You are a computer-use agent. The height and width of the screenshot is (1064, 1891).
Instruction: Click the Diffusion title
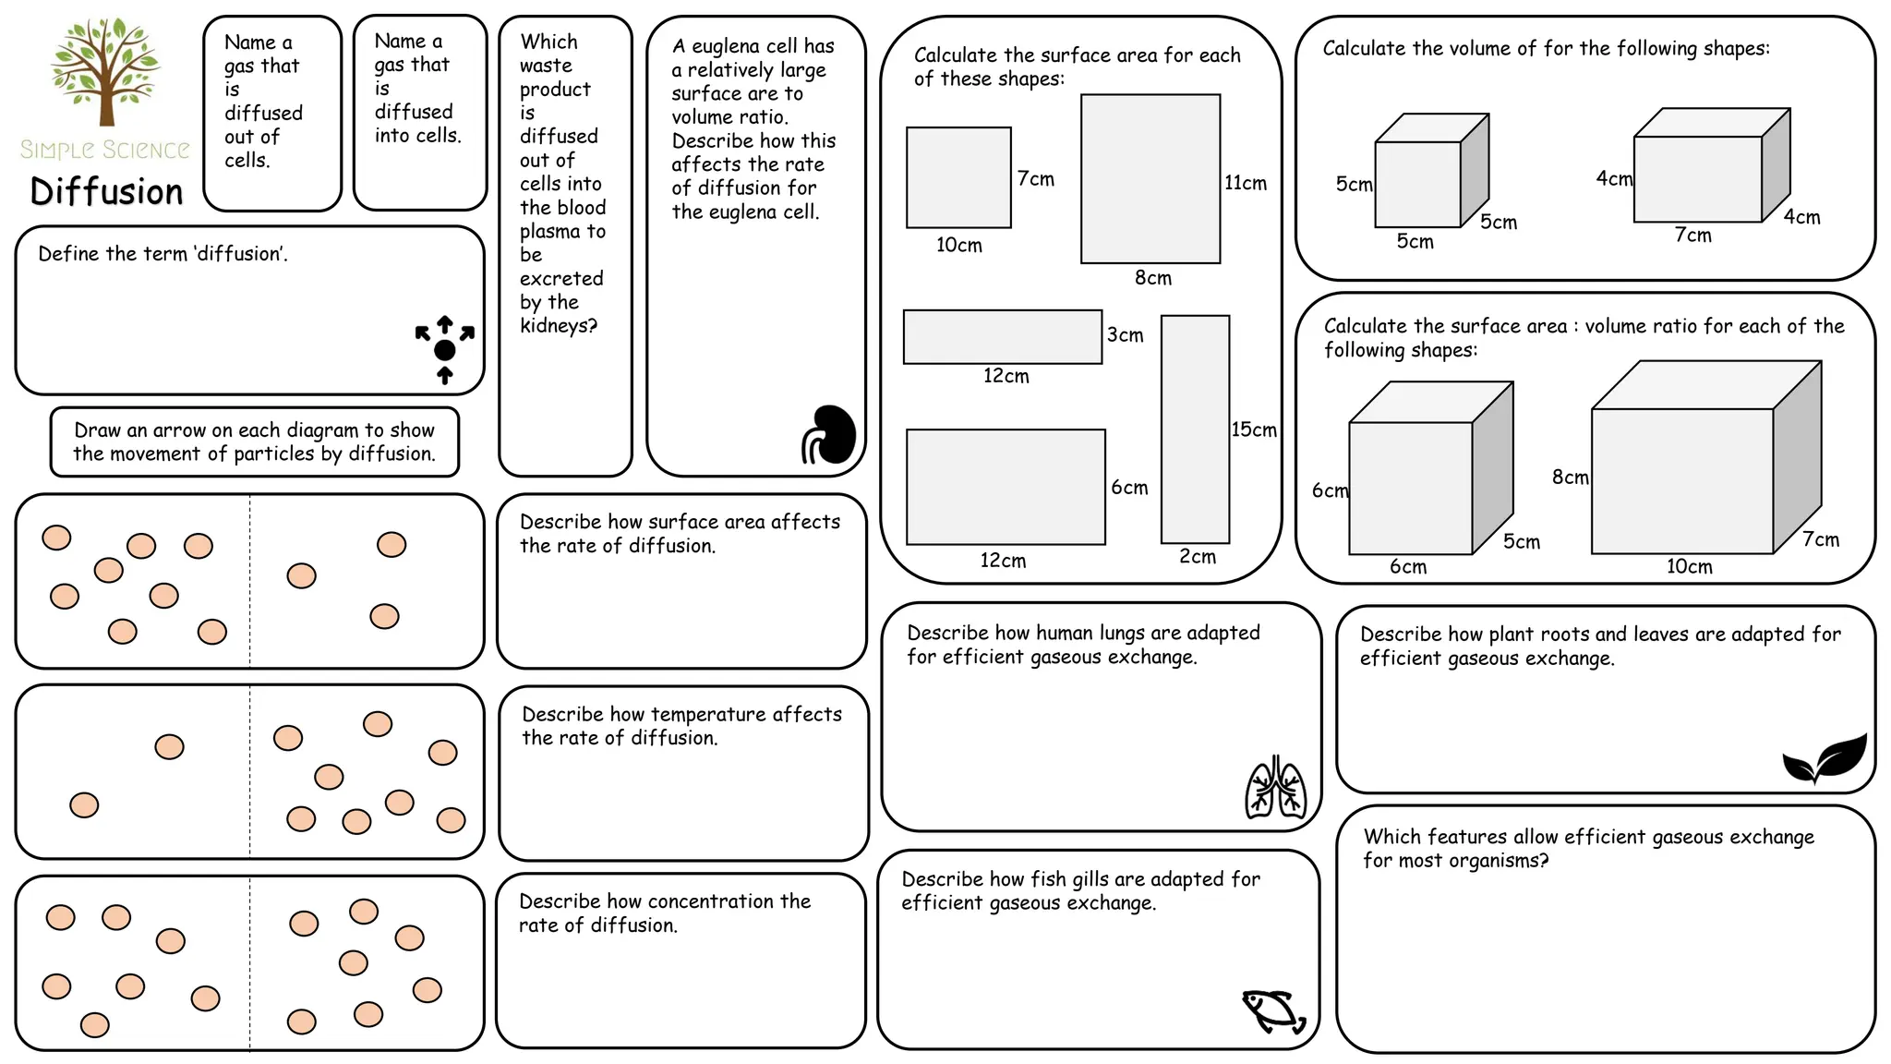point(106,192)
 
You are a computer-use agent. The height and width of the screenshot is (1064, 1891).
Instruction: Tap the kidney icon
point(829,434)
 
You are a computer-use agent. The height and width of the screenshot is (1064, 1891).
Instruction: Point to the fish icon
point(1274,1012)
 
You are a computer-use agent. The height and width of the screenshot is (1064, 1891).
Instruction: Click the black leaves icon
point(1825,759)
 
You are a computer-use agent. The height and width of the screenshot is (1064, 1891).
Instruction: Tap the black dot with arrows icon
point(444,349)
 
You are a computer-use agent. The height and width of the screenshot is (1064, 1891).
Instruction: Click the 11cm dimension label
point(1246,183)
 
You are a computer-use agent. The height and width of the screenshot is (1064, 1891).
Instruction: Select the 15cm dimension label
point(1254,429)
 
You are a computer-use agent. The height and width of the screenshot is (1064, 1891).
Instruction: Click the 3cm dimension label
point(1125,334)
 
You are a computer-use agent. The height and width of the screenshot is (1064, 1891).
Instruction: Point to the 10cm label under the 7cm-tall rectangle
point(958,245)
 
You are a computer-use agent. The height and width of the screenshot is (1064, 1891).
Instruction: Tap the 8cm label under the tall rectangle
point(1152,277)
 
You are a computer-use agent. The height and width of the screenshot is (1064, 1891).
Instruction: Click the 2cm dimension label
point(1197,556)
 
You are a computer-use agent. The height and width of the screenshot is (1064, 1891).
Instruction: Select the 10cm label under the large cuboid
point(1689,566)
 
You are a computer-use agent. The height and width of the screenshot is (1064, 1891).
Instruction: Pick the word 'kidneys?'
point(558,325)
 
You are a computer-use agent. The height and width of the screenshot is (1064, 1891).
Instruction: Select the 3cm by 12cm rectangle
point(1002,337)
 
